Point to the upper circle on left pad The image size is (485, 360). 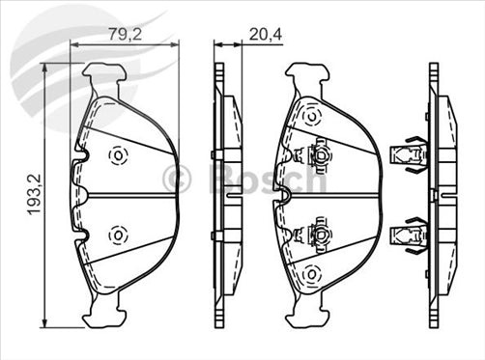tap(118, 154)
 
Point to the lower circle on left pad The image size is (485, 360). tap(118, 234)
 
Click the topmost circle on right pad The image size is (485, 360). tap(311, 116)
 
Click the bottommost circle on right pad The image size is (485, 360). tap(311, 276)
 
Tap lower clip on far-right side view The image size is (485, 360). tap(407, 235)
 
